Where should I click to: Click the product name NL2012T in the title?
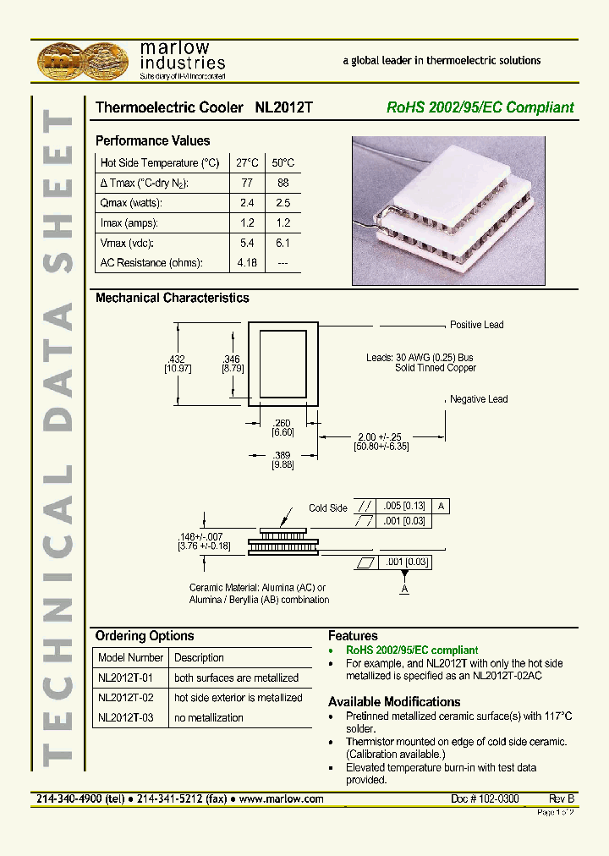point(283,108)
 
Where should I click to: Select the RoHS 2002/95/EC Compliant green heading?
point(480,108)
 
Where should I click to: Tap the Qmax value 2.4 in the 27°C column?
point(246,203)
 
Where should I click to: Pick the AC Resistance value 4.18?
point(246,263)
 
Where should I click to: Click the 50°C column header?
point(283,162)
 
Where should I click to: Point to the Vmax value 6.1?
point(283,243)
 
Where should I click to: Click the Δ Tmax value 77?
point(246,183)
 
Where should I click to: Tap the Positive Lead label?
point(477,325)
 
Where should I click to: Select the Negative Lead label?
point(479,399)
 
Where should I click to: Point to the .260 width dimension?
point(282,423)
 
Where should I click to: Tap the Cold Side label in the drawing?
point(327,508)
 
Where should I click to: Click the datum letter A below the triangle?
point(404,589)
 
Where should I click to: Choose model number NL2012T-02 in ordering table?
point(126,698)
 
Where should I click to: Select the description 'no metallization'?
point(208,717)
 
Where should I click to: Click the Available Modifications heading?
point(394,702)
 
